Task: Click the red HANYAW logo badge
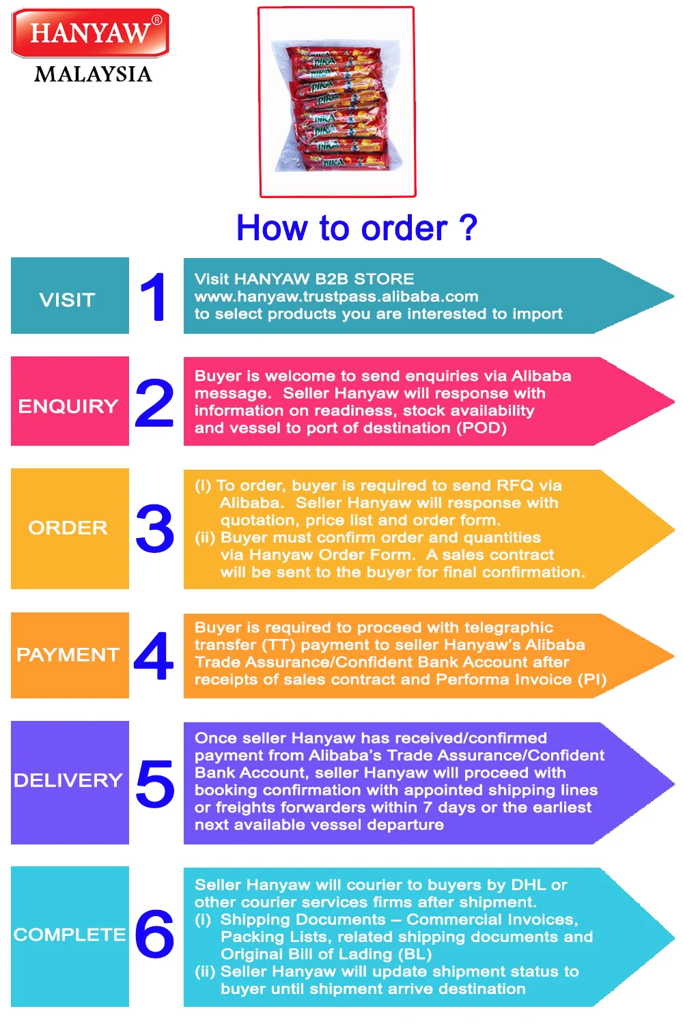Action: point(90,33)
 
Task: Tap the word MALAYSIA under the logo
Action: point(93,74)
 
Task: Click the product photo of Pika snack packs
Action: point(337,102)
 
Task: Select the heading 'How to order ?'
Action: point(356,228)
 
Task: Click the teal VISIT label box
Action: point(70,296)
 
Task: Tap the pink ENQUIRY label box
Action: point(70,401)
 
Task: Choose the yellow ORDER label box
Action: point(70,528)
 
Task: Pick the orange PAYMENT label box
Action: point(70,655)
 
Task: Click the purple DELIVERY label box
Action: point(70,782)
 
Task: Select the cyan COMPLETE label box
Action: point(70,936)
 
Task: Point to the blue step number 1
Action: point(154,297)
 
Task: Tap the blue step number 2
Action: point(154,403)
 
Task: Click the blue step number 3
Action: point(155,529)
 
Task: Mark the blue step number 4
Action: point(154,656)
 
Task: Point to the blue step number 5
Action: point(155,784)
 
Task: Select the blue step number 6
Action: point(154,934)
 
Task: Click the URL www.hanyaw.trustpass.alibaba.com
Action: point(336,296)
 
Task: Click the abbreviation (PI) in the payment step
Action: point(591,679)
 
